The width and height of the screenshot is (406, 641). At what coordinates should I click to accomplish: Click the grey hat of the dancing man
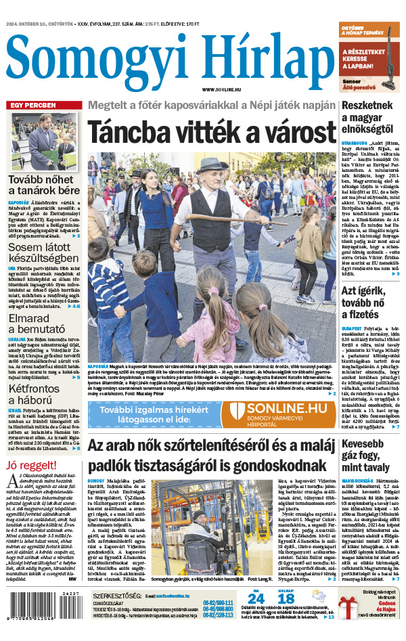pos(212,164)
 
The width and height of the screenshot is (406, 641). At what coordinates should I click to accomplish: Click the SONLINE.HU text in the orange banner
pos(286,407)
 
